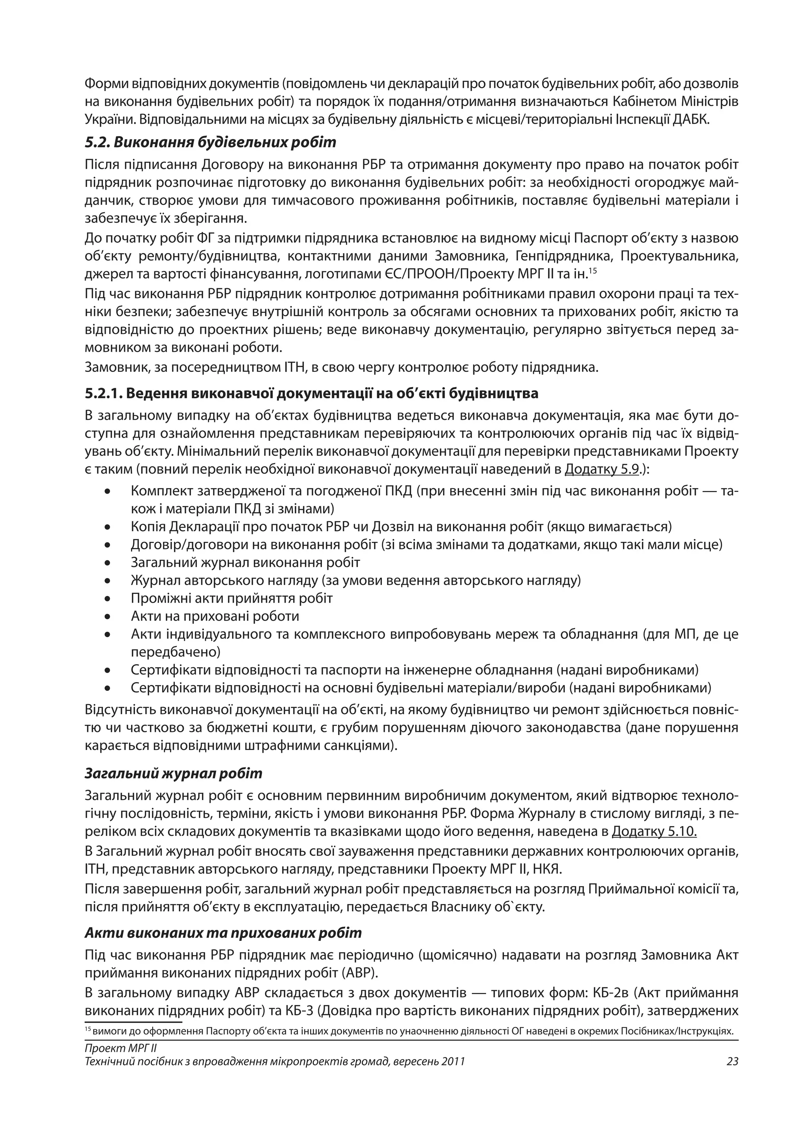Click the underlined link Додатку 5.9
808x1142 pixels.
[x=602, y=469]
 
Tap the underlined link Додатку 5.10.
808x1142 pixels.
[x=654, y=831]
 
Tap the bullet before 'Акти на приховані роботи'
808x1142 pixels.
[x=107, y=617]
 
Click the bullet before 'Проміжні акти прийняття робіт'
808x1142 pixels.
[x=107, y=599]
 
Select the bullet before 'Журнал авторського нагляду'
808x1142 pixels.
[x=107, y=581]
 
